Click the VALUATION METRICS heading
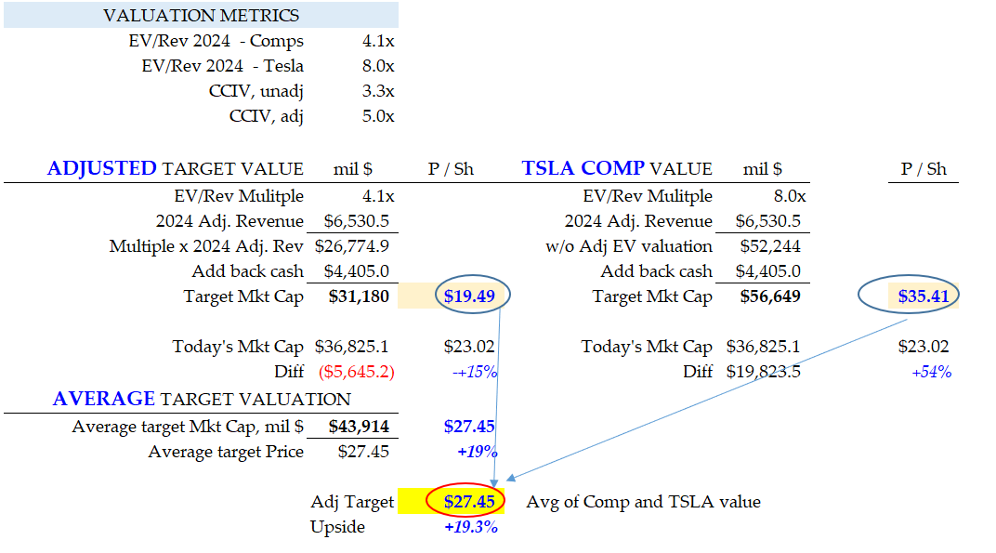tap(201, 16)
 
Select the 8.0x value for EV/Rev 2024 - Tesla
tap(377, 66)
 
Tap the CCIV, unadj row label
tap(256, 91)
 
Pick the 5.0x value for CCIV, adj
tap(377, 116)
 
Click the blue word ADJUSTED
tap(102, 168)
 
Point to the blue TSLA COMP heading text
tap(583, 168)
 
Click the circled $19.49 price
tap(469, 296)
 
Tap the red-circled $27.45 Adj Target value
tap(465, 502)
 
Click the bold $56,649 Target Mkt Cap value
tap(770, 296)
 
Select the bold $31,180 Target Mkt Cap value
tap(359, 296)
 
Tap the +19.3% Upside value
tap(471, 527)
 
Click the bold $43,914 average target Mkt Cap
tap(359, 428)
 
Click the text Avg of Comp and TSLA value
tap(643, 502)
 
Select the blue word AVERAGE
tap(103, 399)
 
